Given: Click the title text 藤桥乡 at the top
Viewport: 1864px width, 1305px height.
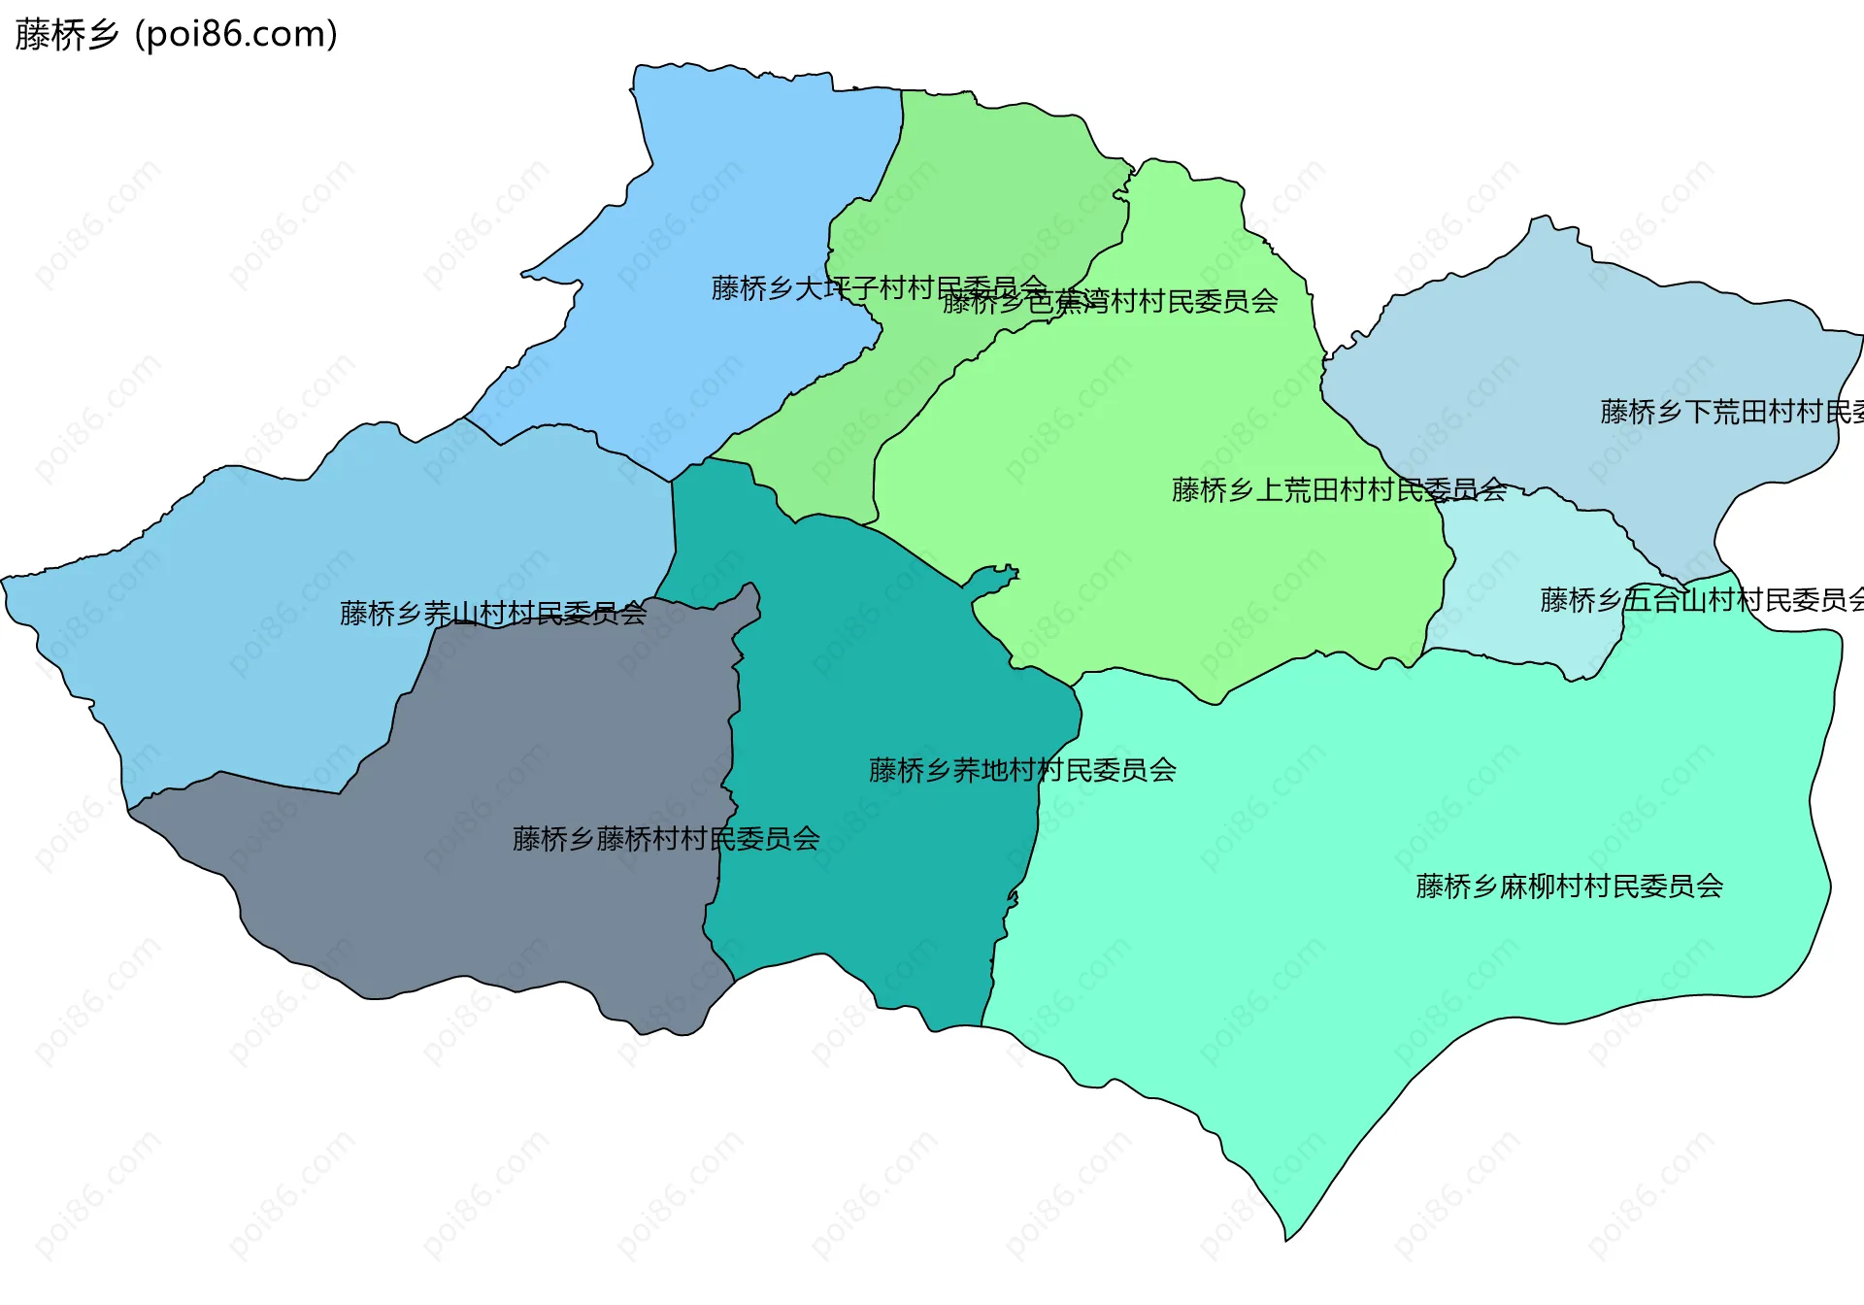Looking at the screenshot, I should (x=66, y=35).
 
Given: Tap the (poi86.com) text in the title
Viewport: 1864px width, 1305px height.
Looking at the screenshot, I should (x=236, y=35).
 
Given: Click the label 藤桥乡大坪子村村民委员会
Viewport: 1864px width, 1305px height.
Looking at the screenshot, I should (x=879, y=288).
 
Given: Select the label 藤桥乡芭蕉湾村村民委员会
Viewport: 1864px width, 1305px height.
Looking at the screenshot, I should (x=1110, y=302).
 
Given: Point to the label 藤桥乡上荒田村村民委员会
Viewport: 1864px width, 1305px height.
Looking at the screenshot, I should (x=1339, y=489).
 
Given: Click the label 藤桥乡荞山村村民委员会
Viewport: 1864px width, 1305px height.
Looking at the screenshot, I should (x=492, y=614).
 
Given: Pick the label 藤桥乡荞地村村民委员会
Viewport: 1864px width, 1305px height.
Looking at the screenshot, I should (x=1022, y=770).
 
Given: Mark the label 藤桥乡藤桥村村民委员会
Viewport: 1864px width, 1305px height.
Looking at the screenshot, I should (x=666, y=839).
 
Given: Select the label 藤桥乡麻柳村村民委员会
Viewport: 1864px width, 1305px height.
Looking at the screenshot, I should (x=1569, y=887).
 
